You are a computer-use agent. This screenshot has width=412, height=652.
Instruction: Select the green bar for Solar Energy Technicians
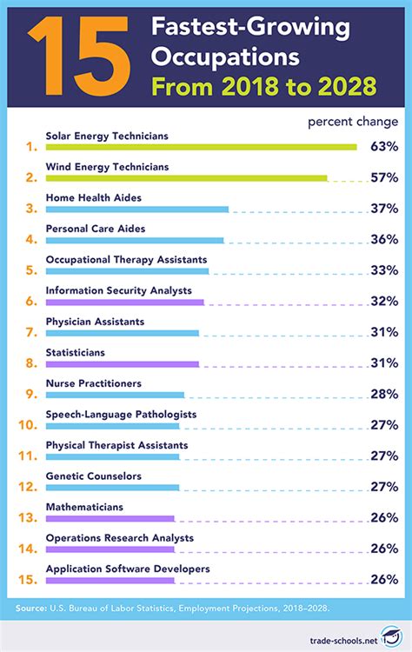pyautogui.click(x=201, y=147)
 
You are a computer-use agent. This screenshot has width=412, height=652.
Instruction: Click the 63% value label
pyautogui.click(x=383, y=146)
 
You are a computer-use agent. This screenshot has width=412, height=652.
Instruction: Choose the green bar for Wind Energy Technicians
pyautogui.click(x=186, y=177)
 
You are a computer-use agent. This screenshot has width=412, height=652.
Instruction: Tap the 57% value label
pyautogui.click(x=383, y=177)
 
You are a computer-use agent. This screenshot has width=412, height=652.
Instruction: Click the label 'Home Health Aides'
pyautogui.click(x=93, y=197)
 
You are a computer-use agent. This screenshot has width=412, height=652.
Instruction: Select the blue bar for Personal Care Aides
pyautogui.click(x=134, y=240)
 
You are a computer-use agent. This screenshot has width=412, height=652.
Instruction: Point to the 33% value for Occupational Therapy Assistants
pyautogui.click(x=383, y=270)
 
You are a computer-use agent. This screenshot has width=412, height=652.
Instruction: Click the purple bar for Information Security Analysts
pyautogui.click(x=124, y=302)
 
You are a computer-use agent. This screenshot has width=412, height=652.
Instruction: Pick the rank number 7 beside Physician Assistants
pyautogui.click(x=30, y=332)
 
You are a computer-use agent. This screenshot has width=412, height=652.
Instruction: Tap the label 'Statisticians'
pyautogui.click(x=75, y=352)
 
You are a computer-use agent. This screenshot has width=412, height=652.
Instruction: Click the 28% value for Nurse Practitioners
pyautogui.click(x=383, y=394)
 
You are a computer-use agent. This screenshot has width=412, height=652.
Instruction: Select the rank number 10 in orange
pyautogui.click(x=26, y=425)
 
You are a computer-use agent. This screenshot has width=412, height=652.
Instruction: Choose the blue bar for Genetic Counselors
pyautogui.click(x=112, y=488)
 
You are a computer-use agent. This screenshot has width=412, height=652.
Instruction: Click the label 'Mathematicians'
pyautogui.click(x=84, y=507)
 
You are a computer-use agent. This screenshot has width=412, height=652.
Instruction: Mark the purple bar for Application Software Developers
pyautogui.click(x=110, y=580)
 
